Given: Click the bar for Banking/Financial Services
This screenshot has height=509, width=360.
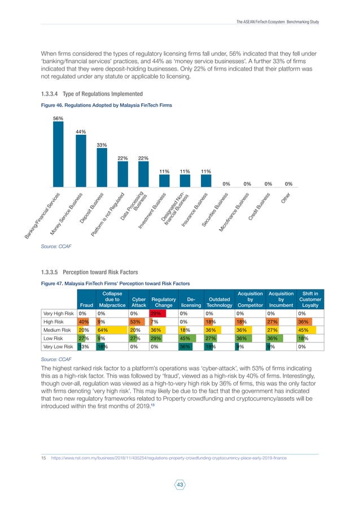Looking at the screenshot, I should [x=58, y=154].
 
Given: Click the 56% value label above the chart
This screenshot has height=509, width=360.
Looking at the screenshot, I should [x=58, y=118].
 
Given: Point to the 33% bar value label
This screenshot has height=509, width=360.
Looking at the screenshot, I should [x=102, y=145].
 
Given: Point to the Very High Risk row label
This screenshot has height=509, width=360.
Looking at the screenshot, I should [x=59, y=313].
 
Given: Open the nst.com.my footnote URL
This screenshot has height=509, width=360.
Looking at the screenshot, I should [x=169, y=458].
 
